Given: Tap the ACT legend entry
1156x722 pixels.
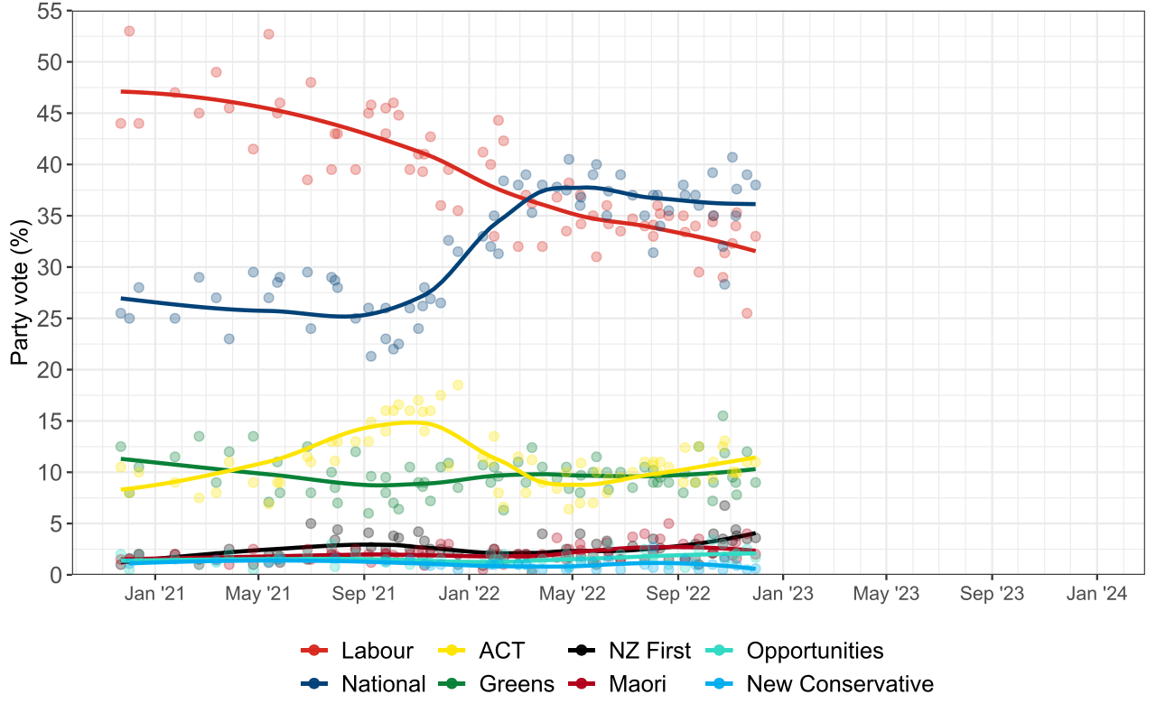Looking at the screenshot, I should click(x=501, y=651).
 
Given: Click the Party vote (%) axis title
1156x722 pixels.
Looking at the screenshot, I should click(x=19, y=292).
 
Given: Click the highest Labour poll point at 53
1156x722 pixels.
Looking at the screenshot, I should click(x=129, y=31).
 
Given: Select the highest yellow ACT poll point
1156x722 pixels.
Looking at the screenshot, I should click(x=458, y=384).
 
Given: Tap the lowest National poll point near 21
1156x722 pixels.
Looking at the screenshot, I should click(x=370, y=356).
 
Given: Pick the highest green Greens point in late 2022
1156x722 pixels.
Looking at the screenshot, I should click(x=722, y=416).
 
